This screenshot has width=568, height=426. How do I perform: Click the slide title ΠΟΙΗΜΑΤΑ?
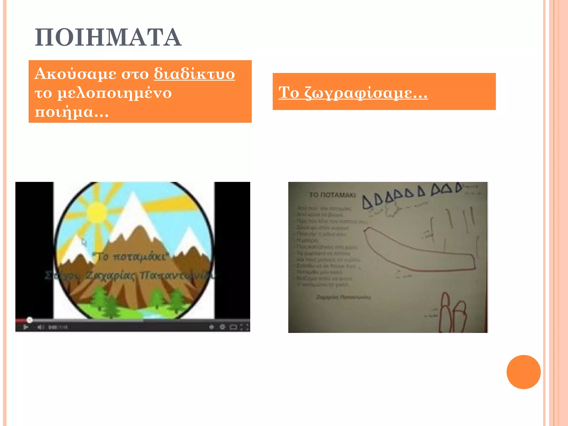(108, 37)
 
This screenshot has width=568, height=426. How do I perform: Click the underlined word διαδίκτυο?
(194, 74)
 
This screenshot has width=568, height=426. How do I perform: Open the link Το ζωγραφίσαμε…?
(353, 92)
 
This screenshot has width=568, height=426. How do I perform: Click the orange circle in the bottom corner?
(523, 372)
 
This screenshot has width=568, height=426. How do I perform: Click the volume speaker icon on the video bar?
(40, 327)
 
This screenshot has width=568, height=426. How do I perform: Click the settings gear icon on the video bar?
(222, 327)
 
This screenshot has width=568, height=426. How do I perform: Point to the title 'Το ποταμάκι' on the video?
(130, 257)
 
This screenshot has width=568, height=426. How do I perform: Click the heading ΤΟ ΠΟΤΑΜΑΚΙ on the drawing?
(332, 195)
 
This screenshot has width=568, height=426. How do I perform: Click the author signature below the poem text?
(343, 297)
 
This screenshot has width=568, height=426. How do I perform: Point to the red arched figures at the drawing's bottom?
(452, 313)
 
